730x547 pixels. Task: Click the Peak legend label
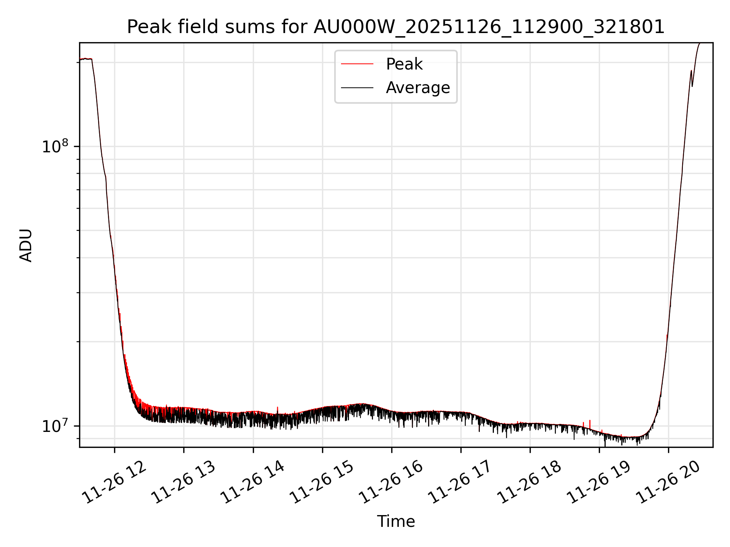[404, 64]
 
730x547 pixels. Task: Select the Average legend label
[417, 88]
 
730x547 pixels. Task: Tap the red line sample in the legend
[357, 64]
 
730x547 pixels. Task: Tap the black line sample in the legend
[357, 88]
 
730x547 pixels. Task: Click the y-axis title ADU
[26, 245]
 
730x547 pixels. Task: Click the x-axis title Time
[395, 522]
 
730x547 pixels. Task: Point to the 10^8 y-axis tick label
[55, 146]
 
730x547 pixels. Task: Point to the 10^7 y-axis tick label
[55, 426]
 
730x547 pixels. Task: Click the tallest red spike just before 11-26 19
[590, 422]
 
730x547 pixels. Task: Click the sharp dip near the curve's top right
[692, 86]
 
